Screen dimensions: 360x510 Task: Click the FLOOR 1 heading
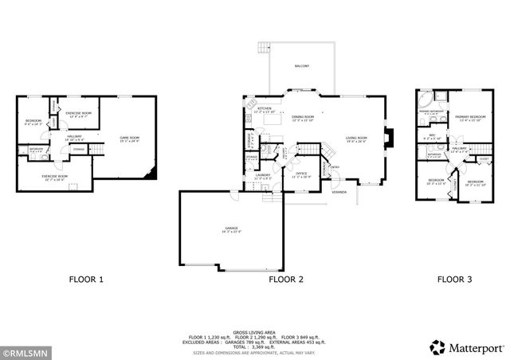(86, 280)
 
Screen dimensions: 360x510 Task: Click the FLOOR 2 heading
(286, 280)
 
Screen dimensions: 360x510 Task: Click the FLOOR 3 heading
(454, 280)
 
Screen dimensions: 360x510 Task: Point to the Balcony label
(302, 65)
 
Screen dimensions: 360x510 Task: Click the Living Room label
(355, 139)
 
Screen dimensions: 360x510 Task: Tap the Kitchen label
(264, 108)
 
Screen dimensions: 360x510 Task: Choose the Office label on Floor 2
(301, 173)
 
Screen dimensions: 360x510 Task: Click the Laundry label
(263, 176)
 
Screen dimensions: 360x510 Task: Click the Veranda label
(340, 191)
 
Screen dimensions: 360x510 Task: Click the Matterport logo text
(473, 347)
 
